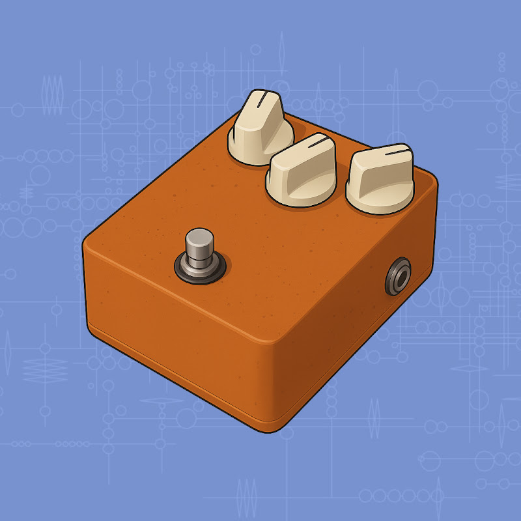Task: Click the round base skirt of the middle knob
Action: (301, 194)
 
